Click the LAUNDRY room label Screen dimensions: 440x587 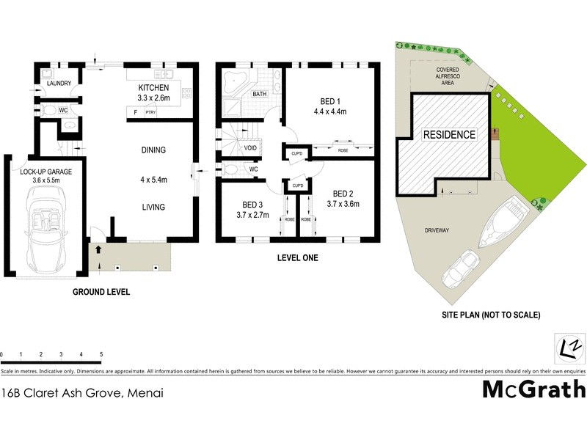click(59, 84)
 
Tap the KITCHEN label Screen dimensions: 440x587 click(153, 87)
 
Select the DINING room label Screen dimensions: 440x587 click(153, 150)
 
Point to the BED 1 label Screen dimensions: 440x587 click(329, 101)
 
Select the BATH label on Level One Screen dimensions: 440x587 click(259, 95)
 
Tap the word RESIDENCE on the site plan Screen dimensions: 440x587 click(448, 136)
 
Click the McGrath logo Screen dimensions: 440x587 click(533, 389)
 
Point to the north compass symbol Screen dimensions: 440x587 click(569, 345)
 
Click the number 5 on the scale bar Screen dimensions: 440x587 click(101, 354)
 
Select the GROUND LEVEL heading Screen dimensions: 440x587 click(101, 292)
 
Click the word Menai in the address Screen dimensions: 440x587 click(145, 392)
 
